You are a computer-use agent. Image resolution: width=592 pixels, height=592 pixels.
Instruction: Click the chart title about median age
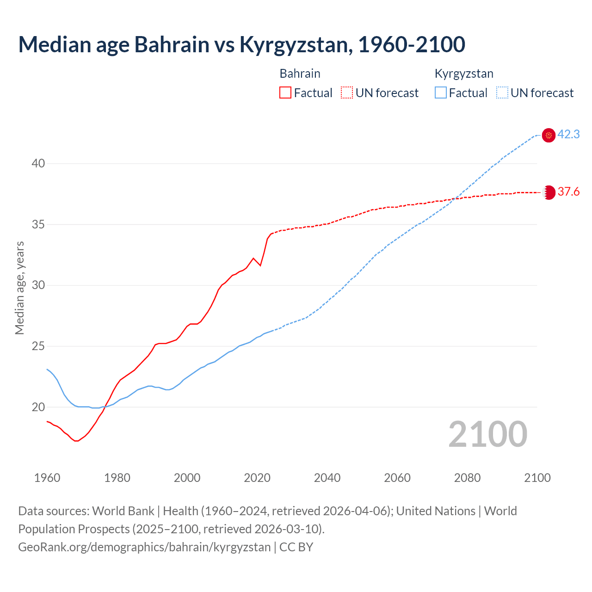click(x=241, y=44)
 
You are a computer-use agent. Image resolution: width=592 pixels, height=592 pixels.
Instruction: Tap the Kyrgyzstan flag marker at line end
click(x=549, y=135)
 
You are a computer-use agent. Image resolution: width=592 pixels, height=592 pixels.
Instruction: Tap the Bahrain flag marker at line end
click(x=549, y=192)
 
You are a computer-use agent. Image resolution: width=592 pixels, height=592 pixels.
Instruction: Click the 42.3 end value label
click(x=568, y=135)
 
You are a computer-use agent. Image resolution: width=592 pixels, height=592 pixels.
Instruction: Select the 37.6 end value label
click(x=568, y=192)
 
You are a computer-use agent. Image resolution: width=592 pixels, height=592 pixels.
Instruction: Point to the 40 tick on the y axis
click(x=38, y=164)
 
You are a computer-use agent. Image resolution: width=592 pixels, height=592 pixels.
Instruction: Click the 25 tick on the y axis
click(x=38, y=346)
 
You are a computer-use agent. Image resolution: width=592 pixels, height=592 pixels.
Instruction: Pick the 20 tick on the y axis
click(x=38, y=407)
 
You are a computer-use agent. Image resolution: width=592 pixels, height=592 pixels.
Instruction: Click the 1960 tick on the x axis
click(x=47, y=478)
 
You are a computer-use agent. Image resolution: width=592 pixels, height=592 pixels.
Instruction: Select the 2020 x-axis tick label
click(x=257, y=478)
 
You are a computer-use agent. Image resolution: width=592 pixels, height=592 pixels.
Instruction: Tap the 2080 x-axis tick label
click(x=467, y=478)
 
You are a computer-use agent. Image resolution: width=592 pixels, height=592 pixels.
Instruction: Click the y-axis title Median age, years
click(x=19, y=288)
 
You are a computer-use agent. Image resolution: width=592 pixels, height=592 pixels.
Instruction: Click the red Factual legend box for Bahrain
click(x=285, y=93)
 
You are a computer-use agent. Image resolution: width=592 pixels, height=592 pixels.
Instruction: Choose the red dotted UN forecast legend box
click(x=347, y=93)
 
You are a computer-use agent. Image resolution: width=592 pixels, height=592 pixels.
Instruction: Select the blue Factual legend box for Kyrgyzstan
click(x=441, y=93)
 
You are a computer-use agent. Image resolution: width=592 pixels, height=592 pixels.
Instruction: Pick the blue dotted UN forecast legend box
click(x=502, y=93)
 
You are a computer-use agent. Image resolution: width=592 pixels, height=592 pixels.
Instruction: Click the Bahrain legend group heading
click(x=300, y=74)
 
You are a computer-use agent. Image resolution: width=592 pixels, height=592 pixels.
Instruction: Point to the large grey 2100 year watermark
click(x=487, y=434)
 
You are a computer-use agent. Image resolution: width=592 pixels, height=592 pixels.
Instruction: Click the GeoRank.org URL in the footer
click(x=144, y=547)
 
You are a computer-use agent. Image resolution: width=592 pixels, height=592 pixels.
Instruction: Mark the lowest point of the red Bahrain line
click(x=77, y=441)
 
